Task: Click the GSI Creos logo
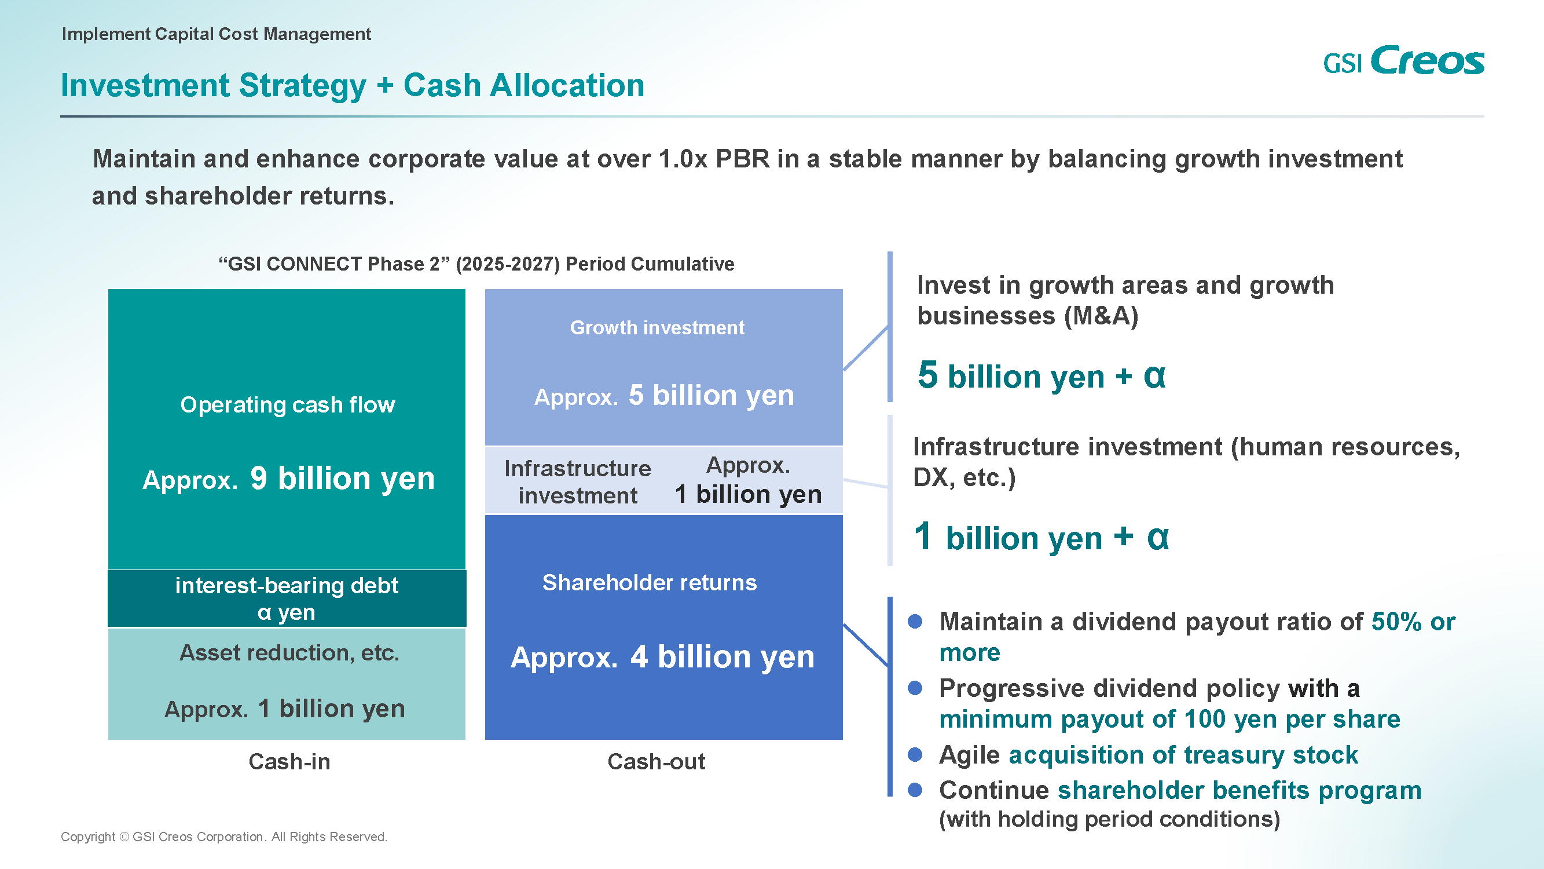1403,61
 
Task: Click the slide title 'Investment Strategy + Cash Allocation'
353,85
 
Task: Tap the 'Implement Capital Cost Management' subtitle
217,34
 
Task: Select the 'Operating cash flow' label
288,405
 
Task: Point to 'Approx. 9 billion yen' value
288,479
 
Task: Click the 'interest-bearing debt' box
287,598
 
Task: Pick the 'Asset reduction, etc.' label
289,652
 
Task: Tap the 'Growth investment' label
657,327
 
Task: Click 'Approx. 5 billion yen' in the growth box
664,395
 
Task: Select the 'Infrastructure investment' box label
577,481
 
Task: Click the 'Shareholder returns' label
650,582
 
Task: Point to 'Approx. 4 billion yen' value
662,657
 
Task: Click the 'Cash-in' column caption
289,762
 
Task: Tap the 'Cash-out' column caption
657,762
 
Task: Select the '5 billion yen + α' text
1041,375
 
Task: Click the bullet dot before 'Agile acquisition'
915,754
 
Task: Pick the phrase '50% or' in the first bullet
1413,622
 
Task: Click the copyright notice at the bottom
224,837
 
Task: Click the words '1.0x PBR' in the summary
714,159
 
